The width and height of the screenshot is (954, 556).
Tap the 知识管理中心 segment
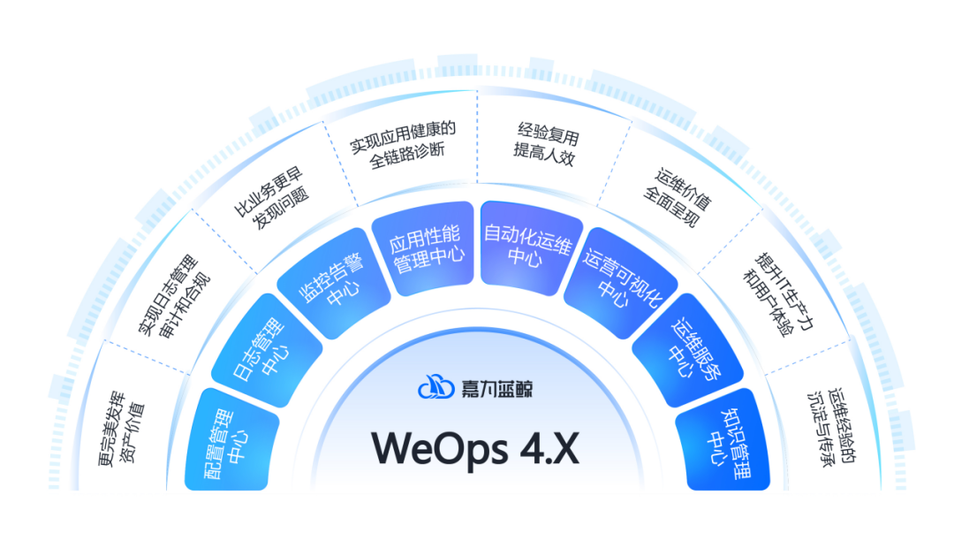(722, 439)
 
